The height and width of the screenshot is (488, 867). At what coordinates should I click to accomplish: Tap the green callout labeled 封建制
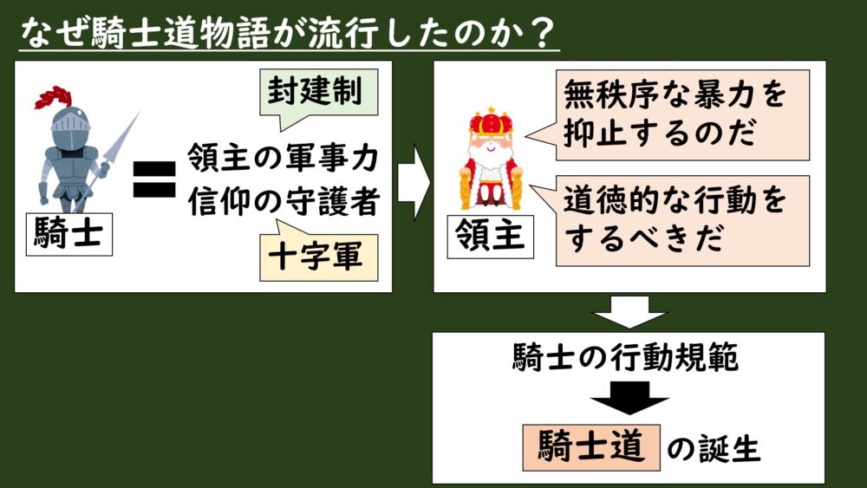pos(318,93)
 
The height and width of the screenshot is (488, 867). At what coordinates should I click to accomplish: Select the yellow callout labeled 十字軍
pos(318,254)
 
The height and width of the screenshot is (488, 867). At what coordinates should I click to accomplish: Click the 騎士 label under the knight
pos(69,234)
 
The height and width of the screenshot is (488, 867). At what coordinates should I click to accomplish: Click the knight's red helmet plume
pos(54,97)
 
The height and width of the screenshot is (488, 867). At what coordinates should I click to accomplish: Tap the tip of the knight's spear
pos(138,113)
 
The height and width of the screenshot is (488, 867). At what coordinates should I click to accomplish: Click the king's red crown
pos(491,122)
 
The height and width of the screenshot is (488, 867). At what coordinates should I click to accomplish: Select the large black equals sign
pos(155,179)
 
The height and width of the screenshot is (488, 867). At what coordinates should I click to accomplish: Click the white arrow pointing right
pos(413,182)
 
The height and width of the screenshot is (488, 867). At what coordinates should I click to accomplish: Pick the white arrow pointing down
pos(629,311)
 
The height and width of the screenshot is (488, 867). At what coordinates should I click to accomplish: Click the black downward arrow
pos(629,398)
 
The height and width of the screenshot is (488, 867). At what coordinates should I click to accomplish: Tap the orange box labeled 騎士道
pos(591,447)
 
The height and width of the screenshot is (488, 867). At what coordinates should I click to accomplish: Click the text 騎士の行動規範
pos(625,357)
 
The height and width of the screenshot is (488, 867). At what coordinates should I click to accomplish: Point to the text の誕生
pos(714,448)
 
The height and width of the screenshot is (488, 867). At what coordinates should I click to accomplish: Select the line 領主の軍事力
pos(284,158)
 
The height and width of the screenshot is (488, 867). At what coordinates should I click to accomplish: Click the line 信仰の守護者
pos(284,200)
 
